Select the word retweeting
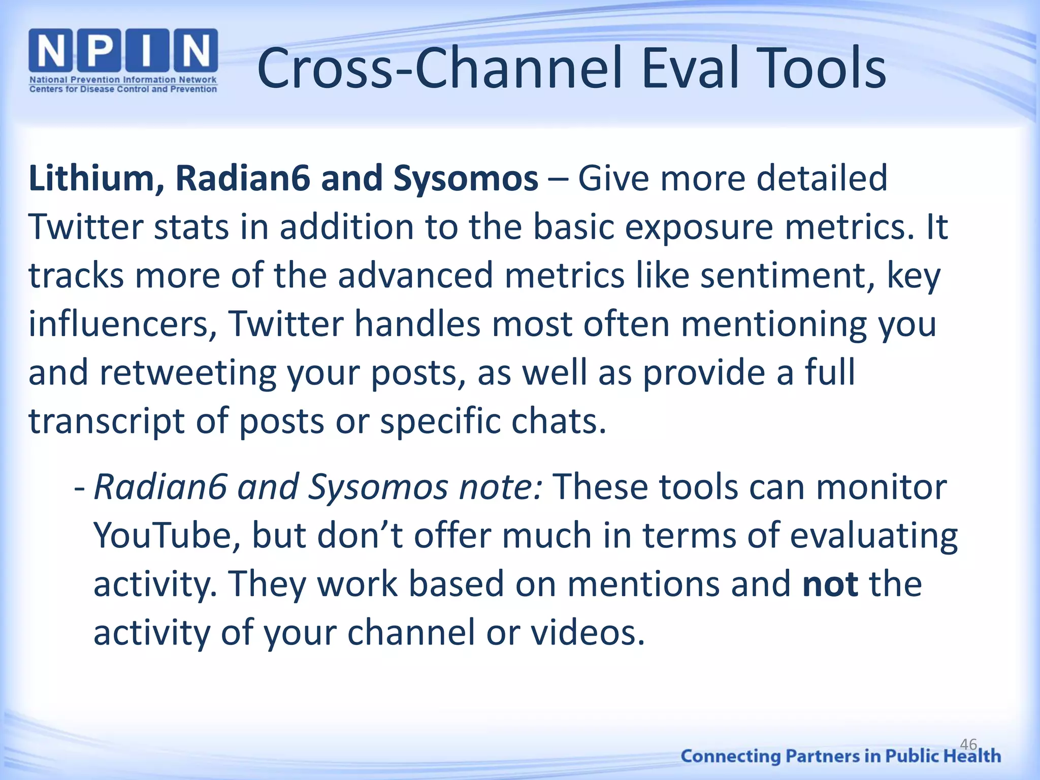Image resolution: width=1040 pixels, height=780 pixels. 187,373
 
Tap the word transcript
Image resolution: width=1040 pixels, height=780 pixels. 106,421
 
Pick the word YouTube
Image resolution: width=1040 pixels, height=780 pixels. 167,536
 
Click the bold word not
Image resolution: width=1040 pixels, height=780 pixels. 830,584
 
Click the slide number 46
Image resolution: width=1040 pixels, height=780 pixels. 968,744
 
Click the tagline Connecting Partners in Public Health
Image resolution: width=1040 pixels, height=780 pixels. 840,756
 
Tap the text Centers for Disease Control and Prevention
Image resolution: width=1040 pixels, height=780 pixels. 123,89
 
